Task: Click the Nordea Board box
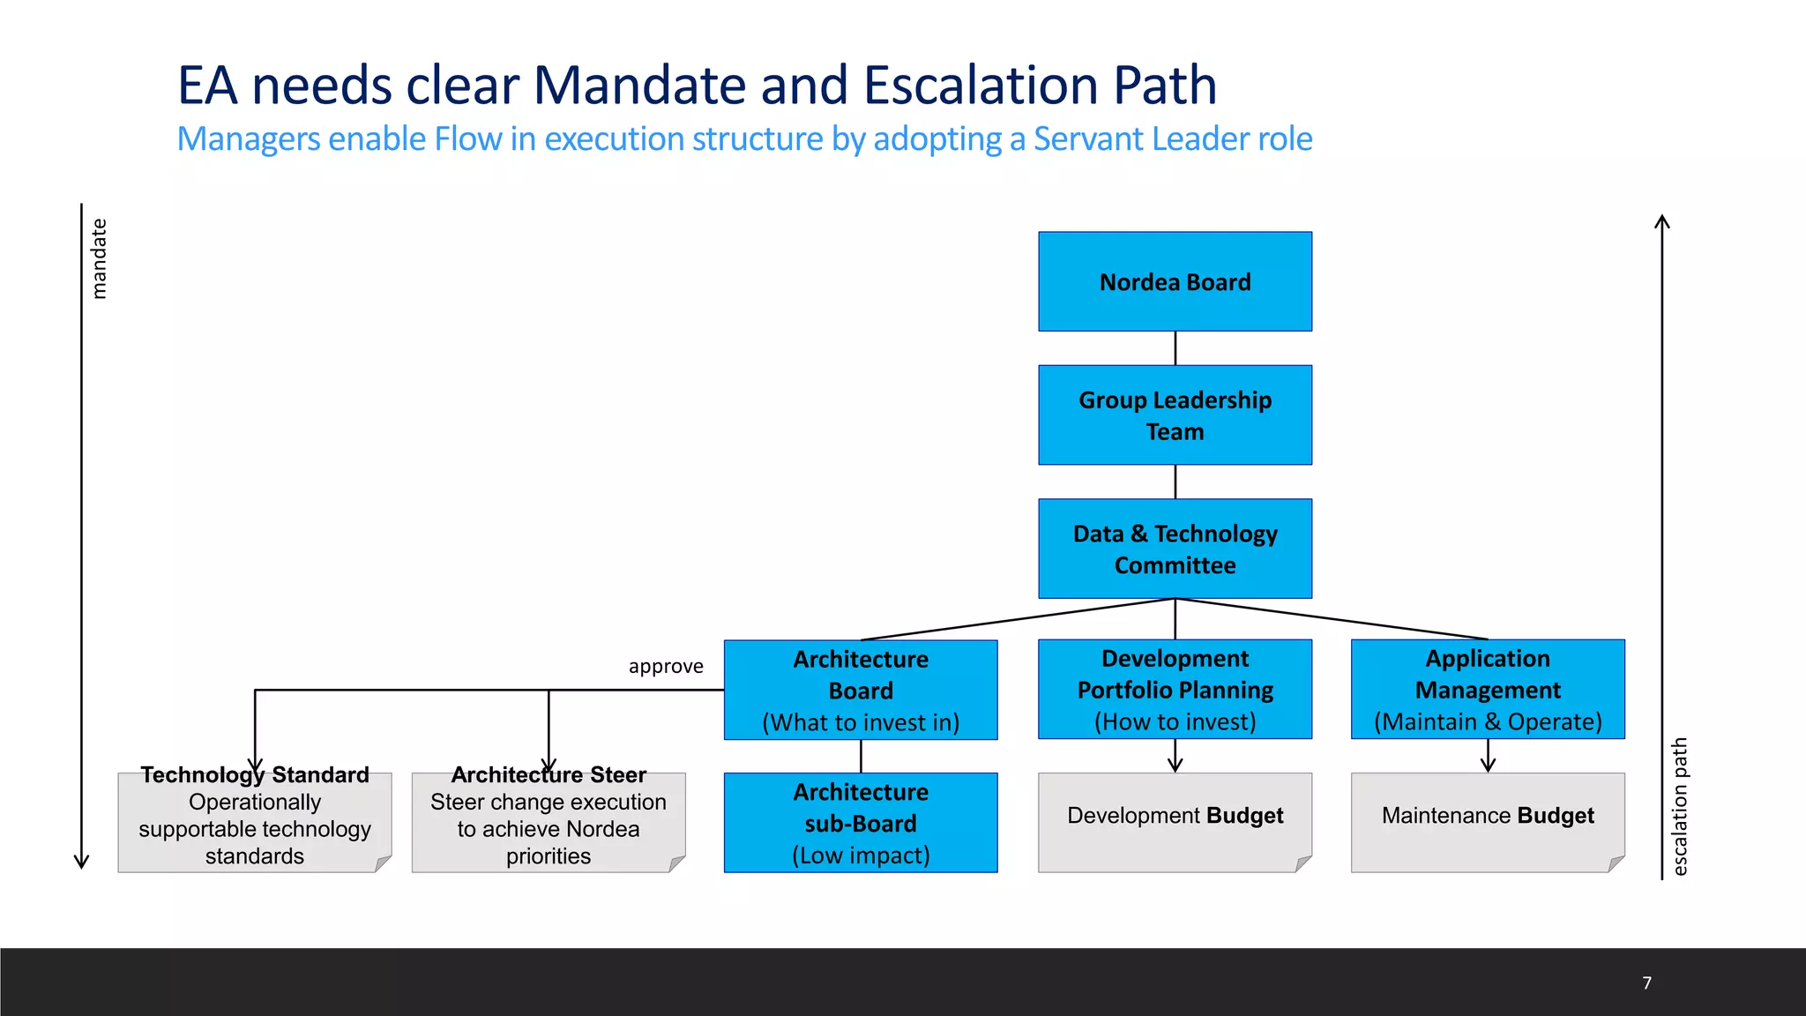coord(1175,282)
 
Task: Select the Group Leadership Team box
coord(1175,415)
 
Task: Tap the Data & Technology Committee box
coord(1175,549)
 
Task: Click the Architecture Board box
coord(861,690)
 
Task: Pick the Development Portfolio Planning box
coord(1175,690)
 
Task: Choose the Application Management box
coord(1488,690)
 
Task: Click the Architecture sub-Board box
coord(861,823)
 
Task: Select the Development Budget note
coord(1175,816)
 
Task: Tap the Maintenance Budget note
coord(1488,816)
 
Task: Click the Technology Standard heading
coord(255,775)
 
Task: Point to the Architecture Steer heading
coord(549,775)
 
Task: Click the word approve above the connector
coord(666,667)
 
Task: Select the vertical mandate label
coord(100,258)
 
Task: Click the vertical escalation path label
coord(1680,806)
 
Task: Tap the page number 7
coord(1646,983)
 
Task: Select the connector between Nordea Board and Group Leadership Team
coord(1175,348)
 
